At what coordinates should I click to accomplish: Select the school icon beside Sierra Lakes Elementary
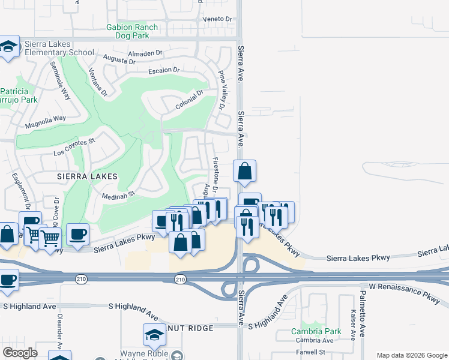click(x=9, y=47)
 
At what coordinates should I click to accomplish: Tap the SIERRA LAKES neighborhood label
click(x=86, y=177)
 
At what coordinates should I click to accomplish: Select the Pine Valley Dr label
click(x=221, y=91)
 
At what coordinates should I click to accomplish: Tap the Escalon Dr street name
click(x=164, y=71)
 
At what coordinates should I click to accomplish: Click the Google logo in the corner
click(x=19, y=353)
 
